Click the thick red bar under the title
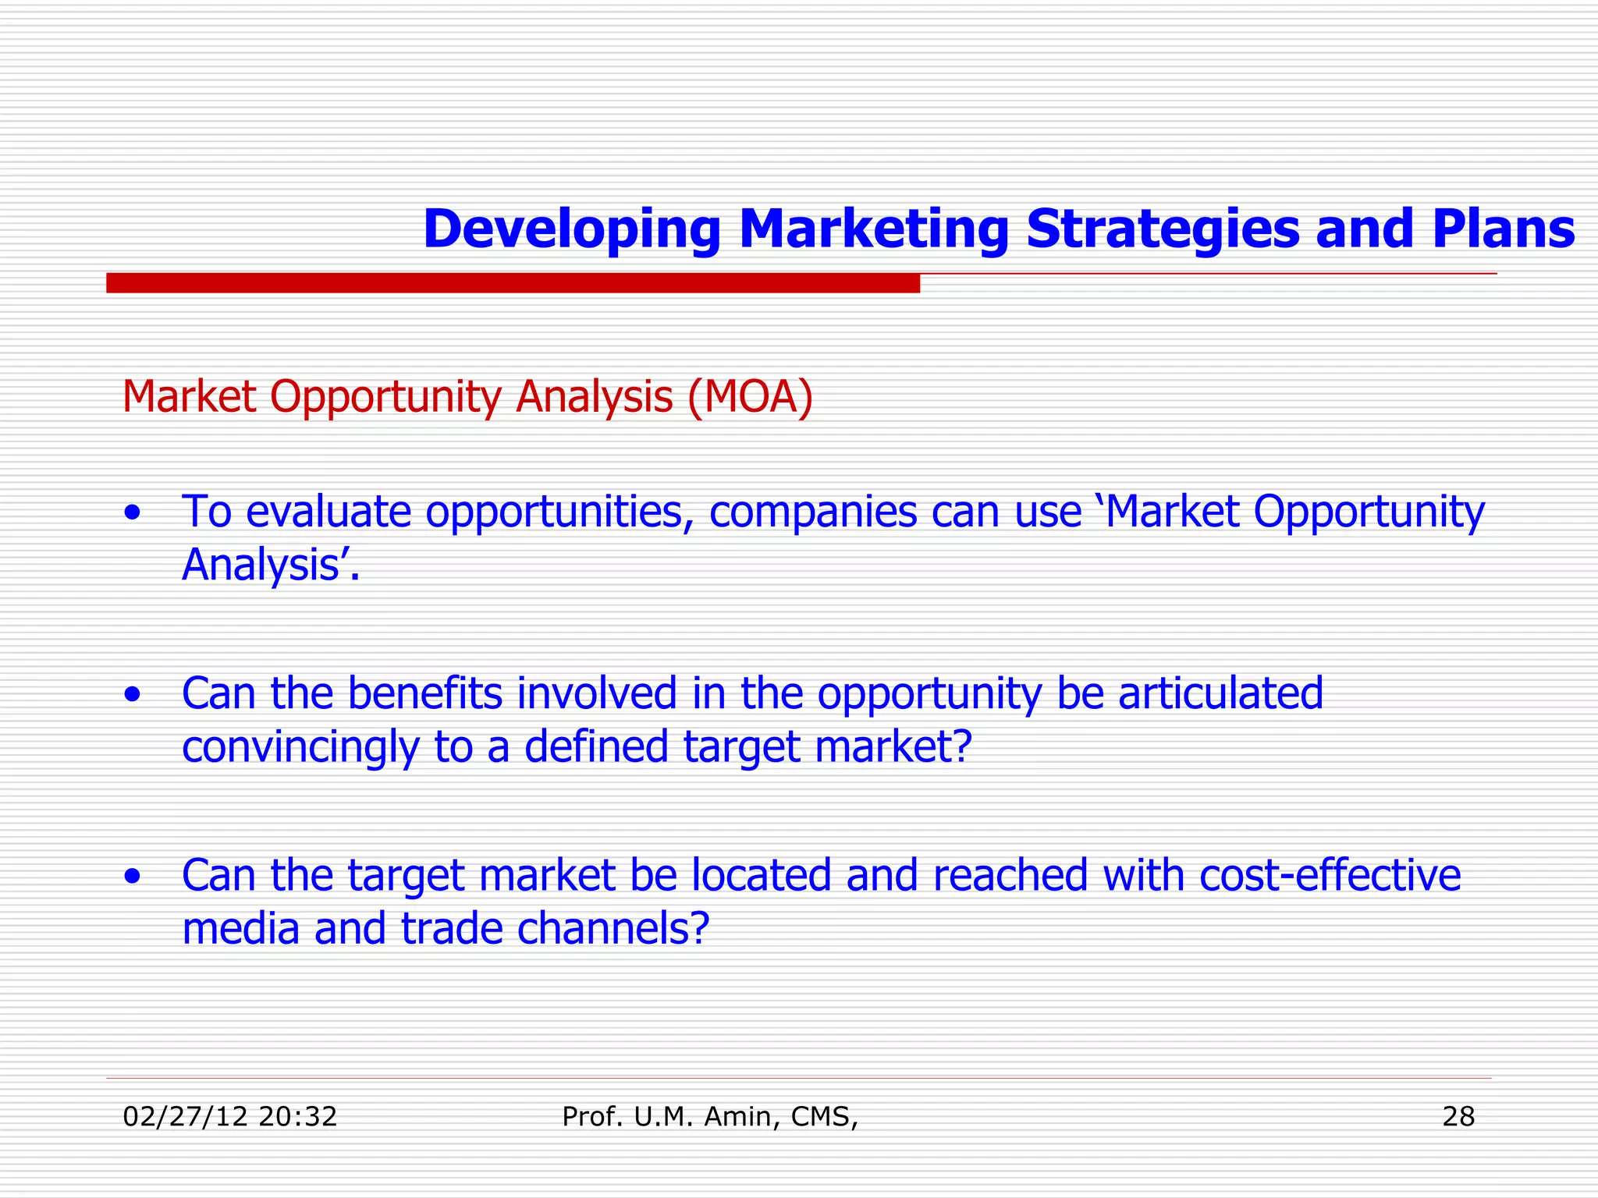pos(513,283)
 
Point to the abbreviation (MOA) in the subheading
pos(750,397)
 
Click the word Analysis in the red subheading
pos(594,397)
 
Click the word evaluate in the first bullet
pos(328,512)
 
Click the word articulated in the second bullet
pos(1220,693)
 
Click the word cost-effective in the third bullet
pos(1330,875)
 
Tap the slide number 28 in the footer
pos(1458,1117)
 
